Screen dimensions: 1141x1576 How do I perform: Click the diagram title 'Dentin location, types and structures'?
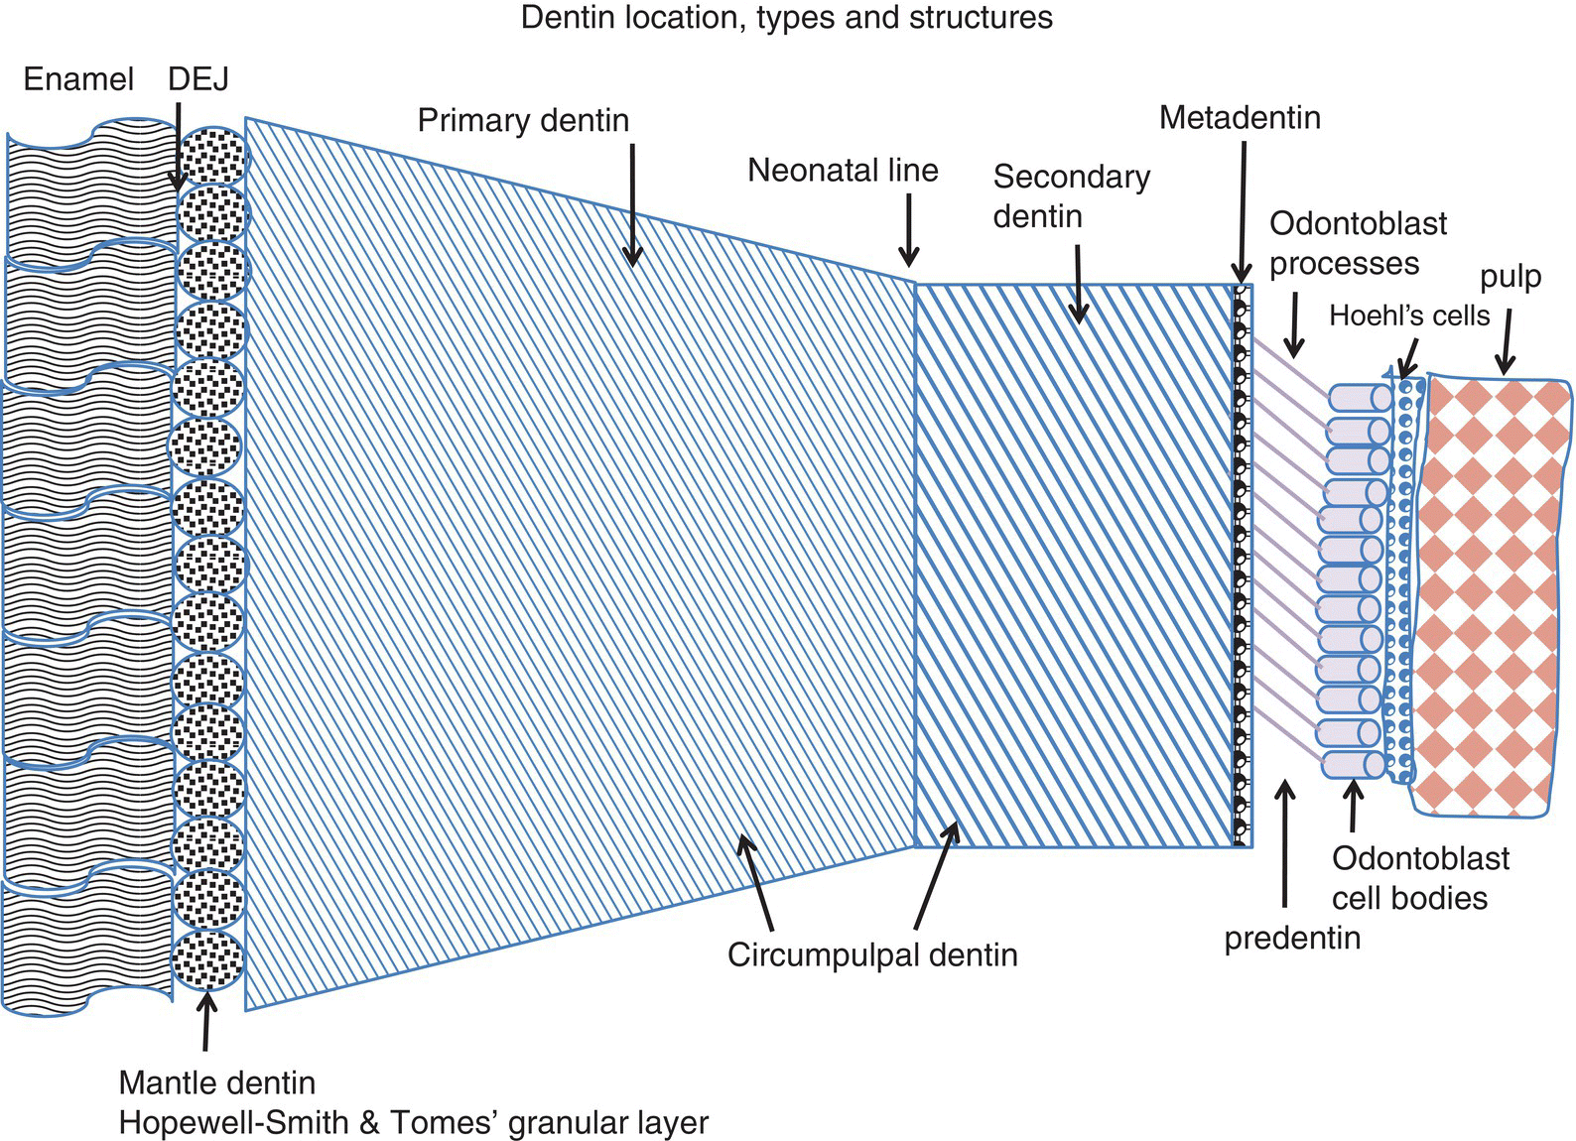click(786, 18)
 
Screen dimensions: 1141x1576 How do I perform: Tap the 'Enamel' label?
click(78, 79)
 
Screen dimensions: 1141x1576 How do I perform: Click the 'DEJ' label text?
click(198, 79)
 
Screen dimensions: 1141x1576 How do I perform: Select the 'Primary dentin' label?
click(523, 120)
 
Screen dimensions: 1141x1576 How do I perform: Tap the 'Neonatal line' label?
click(843, 170)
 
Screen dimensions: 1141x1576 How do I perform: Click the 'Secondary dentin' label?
click(1071, 195)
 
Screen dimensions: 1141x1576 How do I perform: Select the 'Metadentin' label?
click(1240, 118)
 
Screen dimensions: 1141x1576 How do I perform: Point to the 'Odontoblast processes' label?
click(1358, 243)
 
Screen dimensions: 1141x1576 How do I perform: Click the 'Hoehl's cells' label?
click(1409, 316)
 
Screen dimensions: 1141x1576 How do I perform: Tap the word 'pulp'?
click(1510, 277)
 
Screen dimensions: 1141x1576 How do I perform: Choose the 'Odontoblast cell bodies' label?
click(1420, 878)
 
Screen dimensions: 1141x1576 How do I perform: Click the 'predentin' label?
click(1292, 938)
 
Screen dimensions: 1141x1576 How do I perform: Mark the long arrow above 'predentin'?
click(1286, 843)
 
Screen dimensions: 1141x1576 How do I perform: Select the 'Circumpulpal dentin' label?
click(872, 954)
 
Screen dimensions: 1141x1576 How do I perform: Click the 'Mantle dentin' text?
click(216, 1082)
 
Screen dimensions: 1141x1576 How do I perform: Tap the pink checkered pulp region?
click(1489, 595)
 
